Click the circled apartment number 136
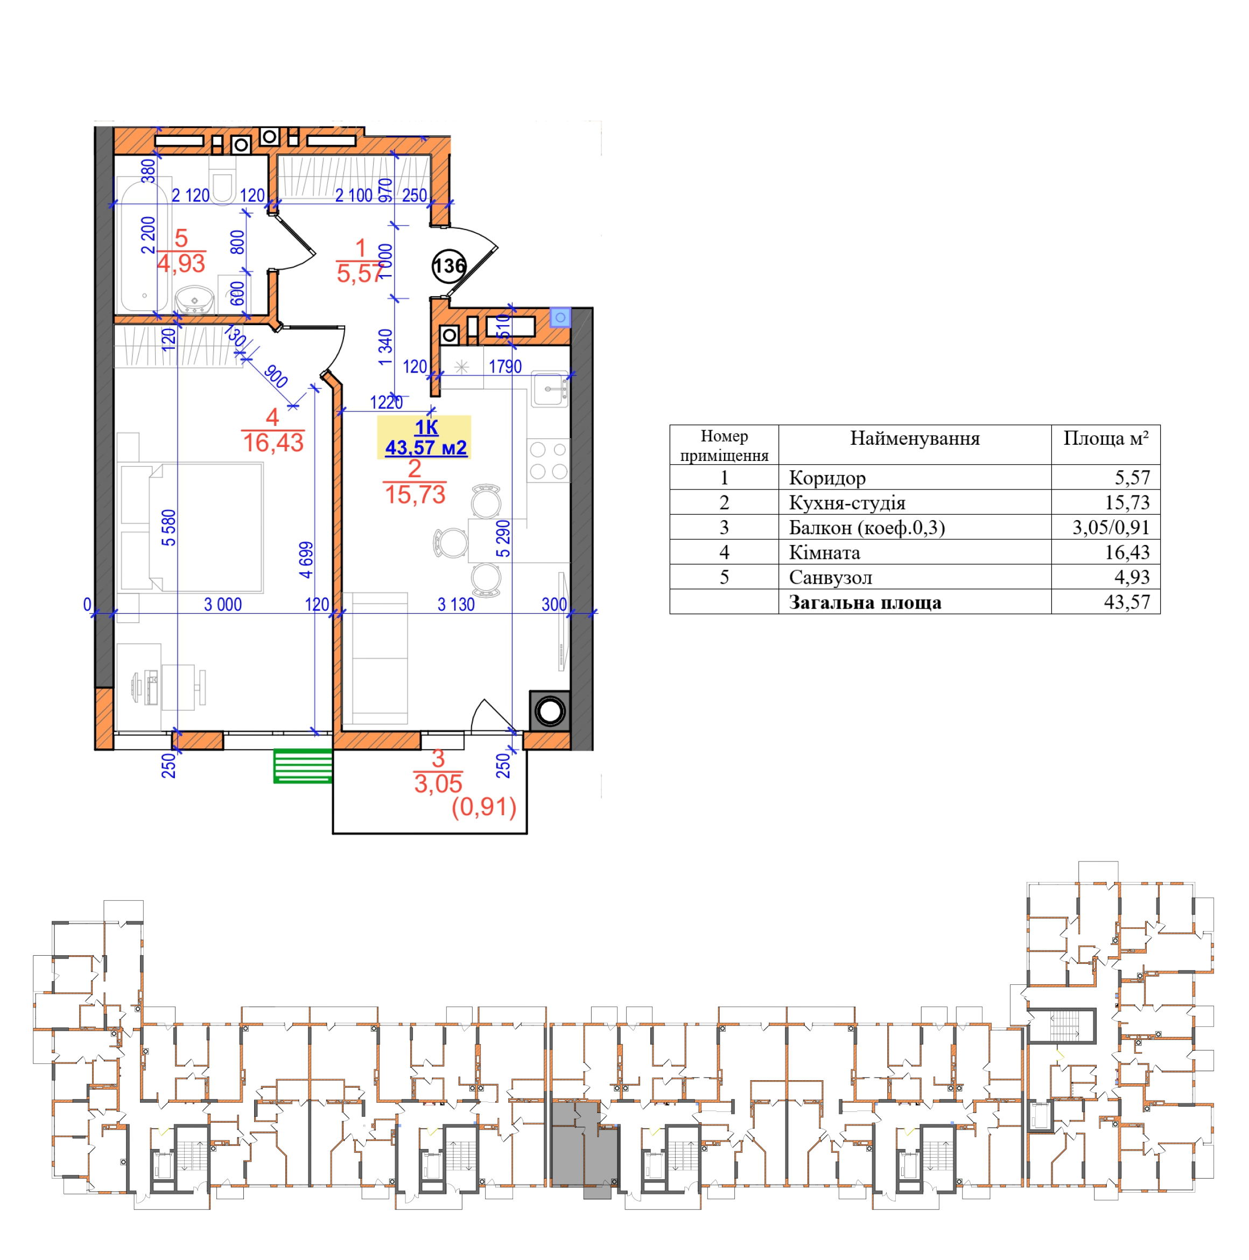click(449, 265)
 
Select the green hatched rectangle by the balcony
click(303, 766)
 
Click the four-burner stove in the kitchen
click(549, 460)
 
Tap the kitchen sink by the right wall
click(550, 389)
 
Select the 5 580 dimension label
click(169, 528)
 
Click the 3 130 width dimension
click(456, 605)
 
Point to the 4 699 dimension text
click(306, 559)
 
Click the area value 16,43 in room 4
click(273, 443)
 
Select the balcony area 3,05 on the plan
click(438, 784)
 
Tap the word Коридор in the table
click(827, 478)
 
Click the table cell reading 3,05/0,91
click(1111, 527)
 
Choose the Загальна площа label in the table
click(865, 602)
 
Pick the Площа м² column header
click(1105, 438)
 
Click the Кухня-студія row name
click(847, 503)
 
